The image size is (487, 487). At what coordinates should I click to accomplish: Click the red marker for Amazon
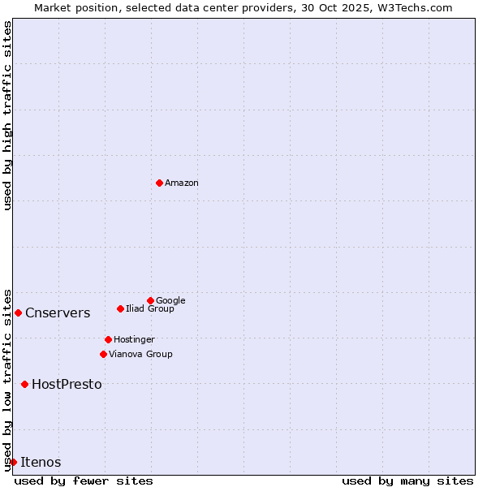pos(159,183)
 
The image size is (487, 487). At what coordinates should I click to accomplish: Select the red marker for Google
pos(150,300)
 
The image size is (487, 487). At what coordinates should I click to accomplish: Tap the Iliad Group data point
pos(120,308)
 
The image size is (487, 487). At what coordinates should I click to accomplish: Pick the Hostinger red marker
pos(108,339)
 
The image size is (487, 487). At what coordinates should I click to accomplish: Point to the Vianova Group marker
pos(103,354)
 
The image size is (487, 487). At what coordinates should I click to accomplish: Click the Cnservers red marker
pos(18,312)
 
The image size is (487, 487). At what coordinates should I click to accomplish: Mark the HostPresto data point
pos(24,384)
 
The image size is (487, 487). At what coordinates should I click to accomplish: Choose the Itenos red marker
pos(13,462)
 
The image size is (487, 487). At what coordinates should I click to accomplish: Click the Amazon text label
pos(182,183)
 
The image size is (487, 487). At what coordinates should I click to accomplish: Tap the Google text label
pos(170,300)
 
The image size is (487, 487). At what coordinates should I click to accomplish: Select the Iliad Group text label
pos(150,308)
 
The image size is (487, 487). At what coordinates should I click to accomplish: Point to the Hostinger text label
pos(134,339)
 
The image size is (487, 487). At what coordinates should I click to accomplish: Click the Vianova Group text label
pos(140,354)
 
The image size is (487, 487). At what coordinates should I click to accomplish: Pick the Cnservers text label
pos(58,313)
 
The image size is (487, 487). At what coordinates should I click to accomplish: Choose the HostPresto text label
pos(67,385)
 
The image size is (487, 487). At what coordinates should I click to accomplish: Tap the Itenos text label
pos(41,463)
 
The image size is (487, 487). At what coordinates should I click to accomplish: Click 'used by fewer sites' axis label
pos(84,481)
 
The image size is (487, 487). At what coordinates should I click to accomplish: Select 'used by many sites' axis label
pos(407,481)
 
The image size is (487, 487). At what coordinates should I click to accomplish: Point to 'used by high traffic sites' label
pos(7,115)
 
